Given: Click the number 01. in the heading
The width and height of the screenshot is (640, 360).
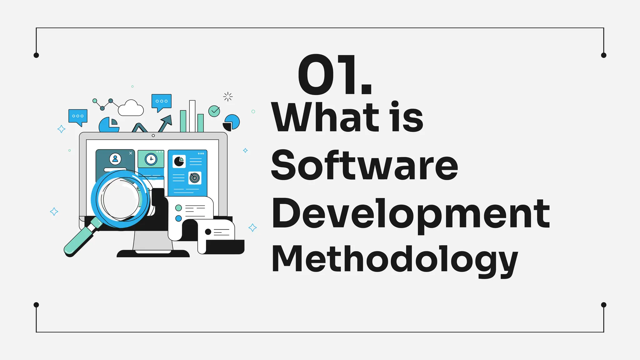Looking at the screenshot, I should pyautogui.click(x=334, y=75).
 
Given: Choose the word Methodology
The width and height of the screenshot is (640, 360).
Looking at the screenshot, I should pyautogui.click(x=394, y=259).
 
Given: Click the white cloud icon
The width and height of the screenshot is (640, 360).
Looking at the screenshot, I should pyautogui.click(x=131, y=108).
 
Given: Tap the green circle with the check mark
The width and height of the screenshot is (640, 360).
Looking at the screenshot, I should pyautogui.click(x=214, y=111).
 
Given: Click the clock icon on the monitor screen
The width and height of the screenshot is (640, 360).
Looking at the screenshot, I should pyautogui.click(x=151, y=159).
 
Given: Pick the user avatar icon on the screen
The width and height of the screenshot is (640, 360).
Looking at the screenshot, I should pyautogui.click(x=115, y=159).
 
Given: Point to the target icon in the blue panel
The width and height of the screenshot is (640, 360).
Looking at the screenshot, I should pyautogui.click(x=195, y=178).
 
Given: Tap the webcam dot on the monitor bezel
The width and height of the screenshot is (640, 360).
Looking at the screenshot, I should pyautogui.click(x=153, y=136).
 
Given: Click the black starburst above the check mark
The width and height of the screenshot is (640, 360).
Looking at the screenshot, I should pyautogui.click(x=228, y=97).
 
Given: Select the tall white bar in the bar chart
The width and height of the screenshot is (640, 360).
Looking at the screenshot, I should pyautogui.click(x=192, y=116).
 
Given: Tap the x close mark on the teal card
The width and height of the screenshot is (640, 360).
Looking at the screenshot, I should pyautogui.click(x=131, y=153).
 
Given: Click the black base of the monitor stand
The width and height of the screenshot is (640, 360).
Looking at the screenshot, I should pyautogui.click(x=153, y=253).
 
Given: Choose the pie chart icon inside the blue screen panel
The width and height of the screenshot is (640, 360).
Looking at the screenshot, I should pyautogui.click(x=179, y=162).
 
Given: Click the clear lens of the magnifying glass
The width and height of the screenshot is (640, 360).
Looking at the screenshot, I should pyautogui.click(x=121, y=199).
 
